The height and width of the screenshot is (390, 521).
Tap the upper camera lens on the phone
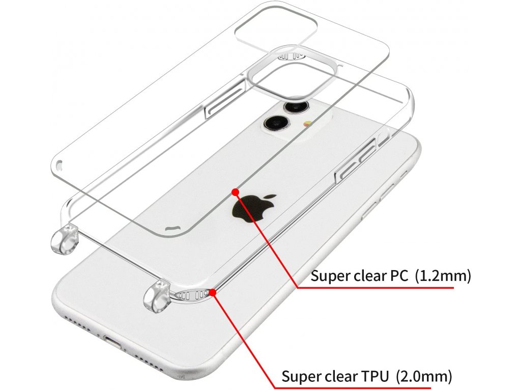click(294, 107)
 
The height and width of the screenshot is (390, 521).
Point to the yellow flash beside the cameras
click(307, 124)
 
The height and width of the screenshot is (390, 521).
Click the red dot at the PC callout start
click(235, 191)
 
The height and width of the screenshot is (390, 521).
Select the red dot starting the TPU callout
click(212, 292)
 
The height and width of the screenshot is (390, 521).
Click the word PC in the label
click(399, 277)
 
